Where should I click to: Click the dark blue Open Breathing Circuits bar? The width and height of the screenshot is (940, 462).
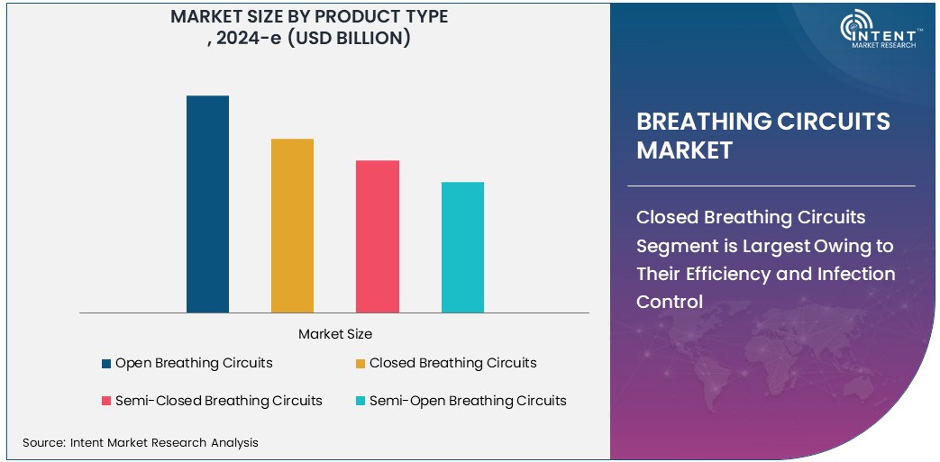[207, 204]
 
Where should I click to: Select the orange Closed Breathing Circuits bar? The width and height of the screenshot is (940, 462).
[292, 226]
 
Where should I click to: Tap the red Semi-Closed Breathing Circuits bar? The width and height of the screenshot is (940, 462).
[377, 237]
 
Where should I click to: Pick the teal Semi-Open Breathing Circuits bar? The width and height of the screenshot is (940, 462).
[462, 248]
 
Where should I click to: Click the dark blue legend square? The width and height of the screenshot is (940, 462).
[106, 364]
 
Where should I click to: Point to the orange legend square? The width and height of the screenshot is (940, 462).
[360, 364]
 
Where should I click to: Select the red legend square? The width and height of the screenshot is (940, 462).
[106, 401]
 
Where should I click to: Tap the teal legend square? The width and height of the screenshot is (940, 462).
[360, 401]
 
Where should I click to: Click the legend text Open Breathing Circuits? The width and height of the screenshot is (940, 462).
[194, 363]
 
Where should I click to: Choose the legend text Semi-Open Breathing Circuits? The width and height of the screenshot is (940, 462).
[468, 400]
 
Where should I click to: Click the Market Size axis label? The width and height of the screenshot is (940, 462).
[334, 334]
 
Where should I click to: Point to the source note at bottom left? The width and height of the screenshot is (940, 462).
[140, 442]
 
